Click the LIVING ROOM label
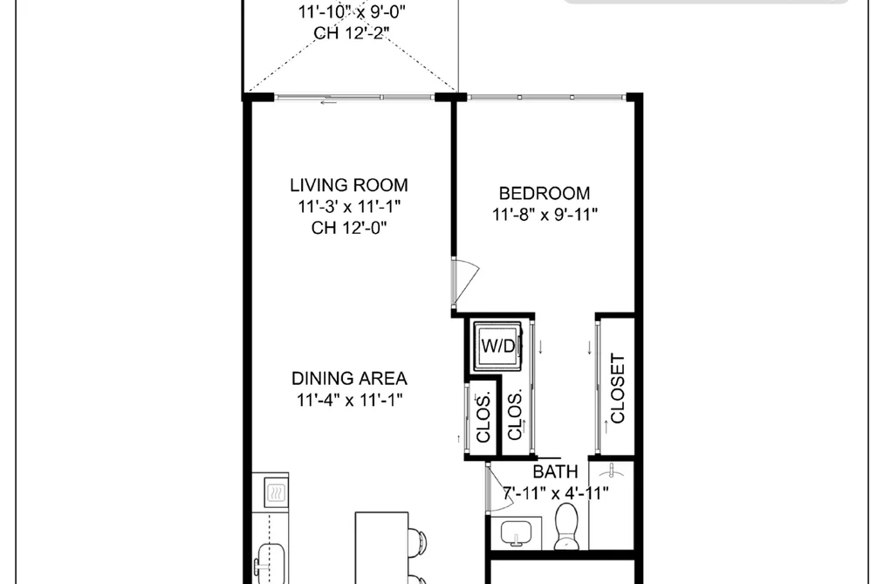click(x=349, y=185)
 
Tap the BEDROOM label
click(x=545, y=193)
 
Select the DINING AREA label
click(x=350, y=378)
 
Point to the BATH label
click(x=555, y=471)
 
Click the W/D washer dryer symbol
click(x=497, y=346)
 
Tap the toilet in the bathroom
click(x=566, y=526)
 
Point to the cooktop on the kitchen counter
click(x=276, y=492)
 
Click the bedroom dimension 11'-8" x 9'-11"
click(x=545, y=215)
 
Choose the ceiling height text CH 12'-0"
click(x=349, y=228)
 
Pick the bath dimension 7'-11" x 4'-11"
click(x=556, y=493)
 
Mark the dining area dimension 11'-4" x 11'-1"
click(x=350, y=400)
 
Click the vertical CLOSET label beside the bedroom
click(x=618, y=388)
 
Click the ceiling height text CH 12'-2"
click(x=351, y=32)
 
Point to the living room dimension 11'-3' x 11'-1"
click(x=349, y=206)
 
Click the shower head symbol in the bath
click(x=612, y=470)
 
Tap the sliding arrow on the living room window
click(x=329, y=103)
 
